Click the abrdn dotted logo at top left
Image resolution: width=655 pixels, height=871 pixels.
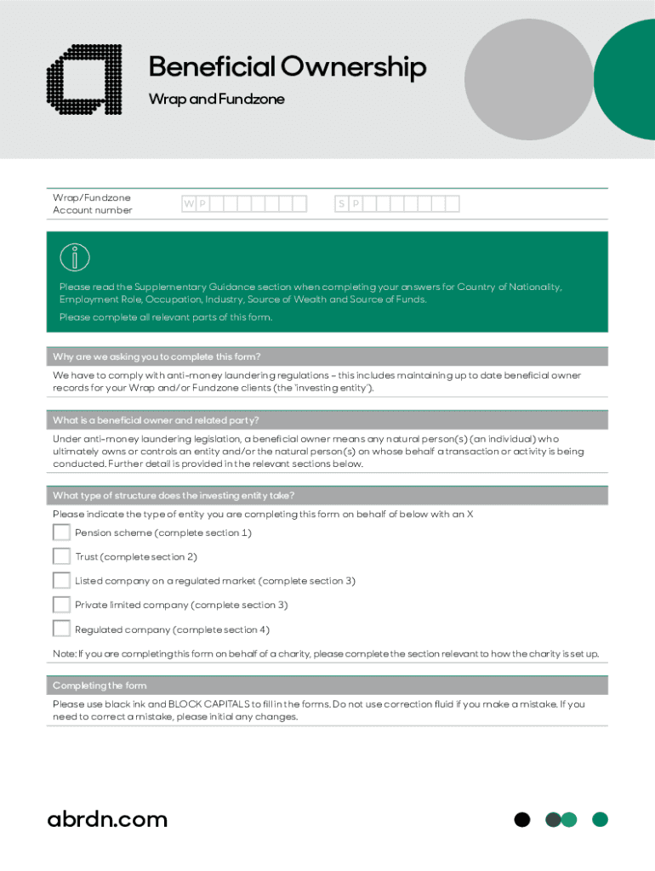83,78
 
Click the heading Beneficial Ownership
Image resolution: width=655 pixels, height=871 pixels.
287,67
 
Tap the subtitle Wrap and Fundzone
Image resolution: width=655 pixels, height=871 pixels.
216,100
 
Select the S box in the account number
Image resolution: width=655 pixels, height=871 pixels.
341,204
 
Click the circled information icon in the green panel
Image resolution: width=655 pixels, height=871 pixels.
75,257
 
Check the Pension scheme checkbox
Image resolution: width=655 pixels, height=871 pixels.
61,532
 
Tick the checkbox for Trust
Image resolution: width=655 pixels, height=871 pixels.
61,556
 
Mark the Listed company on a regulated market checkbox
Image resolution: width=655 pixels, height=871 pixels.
61,580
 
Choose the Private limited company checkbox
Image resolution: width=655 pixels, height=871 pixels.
61,605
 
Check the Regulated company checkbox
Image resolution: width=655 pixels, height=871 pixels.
61,629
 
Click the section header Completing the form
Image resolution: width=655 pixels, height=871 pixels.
100,686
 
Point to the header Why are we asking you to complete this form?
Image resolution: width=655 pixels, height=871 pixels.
157,356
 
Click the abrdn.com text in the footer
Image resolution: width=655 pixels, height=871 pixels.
107,819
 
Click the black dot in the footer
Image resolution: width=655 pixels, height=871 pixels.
522,820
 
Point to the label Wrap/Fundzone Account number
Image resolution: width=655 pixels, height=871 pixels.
93,204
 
